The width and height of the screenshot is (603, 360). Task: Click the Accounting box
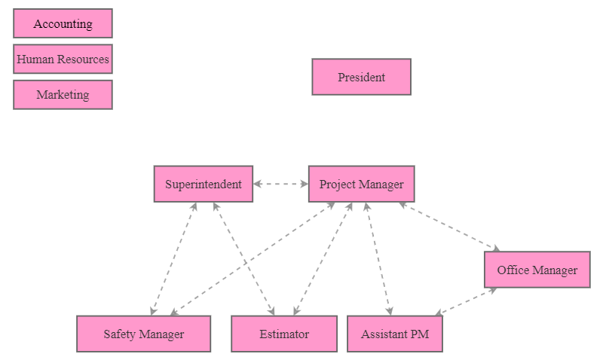[63, 23]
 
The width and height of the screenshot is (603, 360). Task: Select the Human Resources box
[63, 59]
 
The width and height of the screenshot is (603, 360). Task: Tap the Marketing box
[63, 95]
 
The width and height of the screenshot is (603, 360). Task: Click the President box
[361, 77]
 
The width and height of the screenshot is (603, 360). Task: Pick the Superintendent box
[203, 184]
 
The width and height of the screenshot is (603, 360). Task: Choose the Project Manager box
[361, 184]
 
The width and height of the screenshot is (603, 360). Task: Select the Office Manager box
[537, 270]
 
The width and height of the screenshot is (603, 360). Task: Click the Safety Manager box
[143, 334]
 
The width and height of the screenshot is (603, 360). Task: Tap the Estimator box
[283, 334]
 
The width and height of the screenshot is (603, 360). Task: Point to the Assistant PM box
[394, 334]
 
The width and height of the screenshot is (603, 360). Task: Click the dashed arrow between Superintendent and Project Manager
[280, 184]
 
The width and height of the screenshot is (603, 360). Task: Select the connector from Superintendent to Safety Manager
[173, 259]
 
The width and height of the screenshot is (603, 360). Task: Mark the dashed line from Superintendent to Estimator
[244, 259]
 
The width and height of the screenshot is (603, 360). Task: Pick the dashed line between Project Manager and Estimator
[323, 259]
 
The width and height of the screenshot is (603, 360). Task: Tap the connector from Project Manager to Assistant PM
[378, 259]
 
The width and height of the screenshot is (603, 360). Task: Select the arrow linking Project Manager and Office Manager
[449, 226]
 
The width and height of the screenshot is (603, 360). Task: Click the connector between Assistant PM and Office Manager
[467, 301]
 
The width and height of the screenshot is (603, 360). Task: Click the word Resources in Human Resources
[83, 59]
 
